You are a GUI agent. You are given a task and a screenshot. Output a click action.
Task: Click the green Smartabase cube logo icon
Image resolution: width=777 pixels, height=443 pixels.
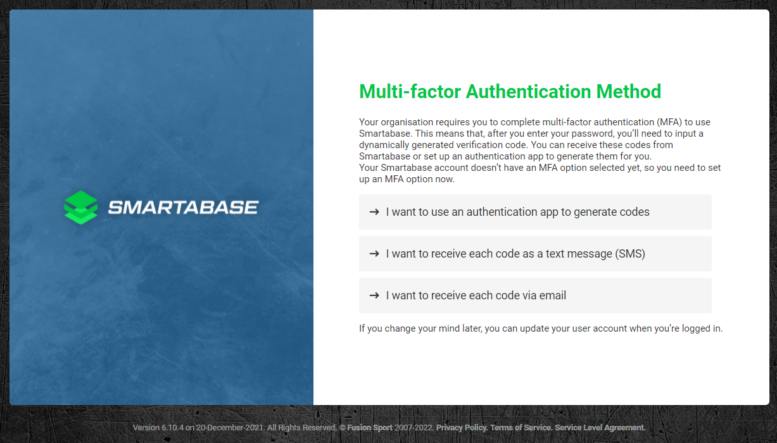(x=81, y=208)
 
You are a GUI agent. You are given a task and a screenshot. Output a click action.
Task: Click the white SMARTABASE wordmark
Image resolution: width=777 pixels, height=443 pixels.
(x=183, y=208)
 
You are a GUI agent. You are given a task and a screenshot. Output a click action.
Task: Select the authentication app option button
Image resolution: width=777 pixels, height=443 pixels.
(x=535, y=212)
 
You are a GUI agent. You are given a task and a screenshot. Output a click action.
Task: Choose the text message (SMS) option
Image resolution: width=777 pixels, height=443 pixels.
(x=535, y=254)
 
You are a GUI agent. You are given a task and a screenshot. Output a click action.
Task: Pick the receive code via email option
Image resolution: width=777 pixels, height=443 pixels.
(x=535, y=296)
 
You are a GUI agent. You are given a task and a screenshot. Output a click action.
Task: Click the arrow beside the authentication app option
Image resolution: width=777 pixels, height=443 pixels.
(x=374, y=212)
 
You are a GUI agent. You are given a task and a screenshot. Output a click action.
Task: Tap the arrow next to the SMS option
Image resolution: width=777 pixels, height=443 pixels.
(x=374, y=254)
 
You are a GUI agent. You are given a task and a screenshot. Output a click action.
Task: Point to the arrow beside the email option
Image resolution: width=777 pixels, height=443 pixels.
(x=374, y=296)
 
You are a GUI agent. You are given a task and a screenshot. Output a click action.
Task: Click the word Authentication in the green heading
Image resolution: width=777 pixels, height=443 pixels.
(x=528, y=92)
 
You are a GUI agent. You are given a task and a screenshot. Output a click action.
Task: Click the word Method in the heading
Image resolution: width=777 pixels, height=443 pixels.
(x=629, y=92)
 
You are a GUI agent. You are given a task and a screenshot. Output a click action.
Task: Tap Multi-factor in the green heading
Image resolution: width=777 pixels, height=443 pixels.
(x=410, y=92)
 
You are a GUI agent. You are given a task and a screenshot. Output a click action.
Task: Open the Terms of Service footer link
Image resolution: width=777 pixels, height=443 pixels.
(x=521, y=428)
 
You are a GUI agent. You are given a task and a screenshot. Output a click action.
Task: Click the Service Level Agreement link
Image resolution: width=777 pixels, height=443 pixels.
(x=600, y=428)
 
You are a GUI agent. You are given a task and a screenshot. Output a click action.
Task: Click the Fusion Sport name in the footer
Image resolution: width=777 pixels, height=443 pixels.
(x=370, y=428)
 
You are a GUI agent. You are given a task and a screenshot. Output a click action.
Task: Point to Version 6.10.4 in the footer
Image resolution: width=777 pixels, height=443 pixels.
(x=158, y=428)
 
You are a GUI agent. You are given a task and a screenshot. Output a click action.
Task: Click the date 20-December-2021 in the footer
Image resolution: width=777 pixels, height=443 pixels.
(x=230, y=428)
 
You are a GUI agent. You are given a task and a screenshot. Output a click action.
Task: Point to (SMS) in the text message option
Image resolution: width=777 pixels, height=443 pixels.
(x=630, y=254)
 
